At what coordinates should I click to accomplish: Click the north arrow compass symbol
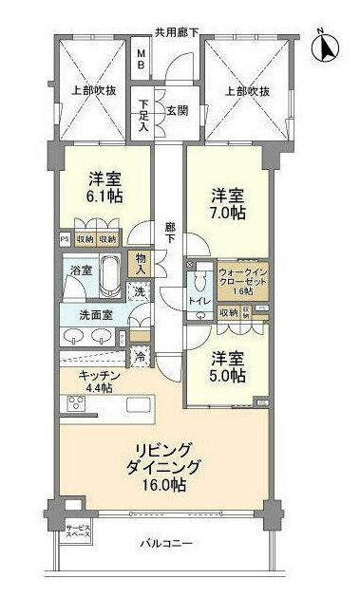(x=327, y=45)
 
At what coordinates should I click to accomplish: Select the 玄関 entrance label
(x=177, y=110)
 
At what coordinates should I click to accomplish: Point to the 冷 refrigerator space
(x=140, y=357)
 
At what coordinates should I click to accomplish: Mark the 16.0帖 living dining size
(x=165, y=485)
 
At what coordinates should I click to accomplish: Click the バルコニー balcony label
(x=166, y=545)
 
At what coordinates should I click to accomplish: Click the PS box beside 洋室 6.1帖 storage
(x=65, y=239)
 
